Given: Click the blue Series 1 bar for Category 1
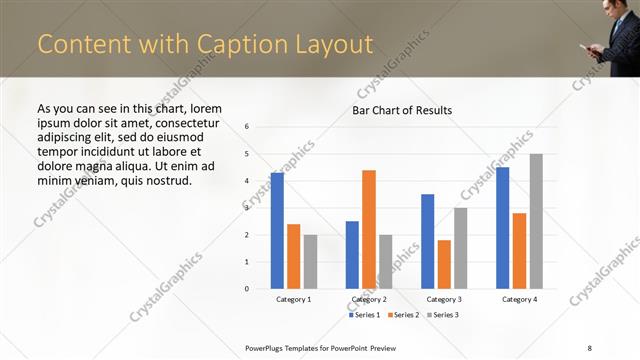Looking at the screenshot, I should [x=277, y=230].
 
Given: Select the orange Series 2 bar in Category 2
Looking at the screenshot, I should [x=369, y=229].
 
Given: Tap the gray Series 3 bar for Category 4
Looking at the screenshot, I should [x=536, y=221].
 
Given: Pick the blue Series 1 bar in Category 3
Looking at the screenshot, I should [x=428, y=241].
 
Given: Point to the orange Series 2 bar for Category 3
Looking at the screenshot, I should [x=444, y=264].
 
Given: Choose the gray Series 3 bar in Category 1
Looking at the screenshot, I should [x=310, y=261].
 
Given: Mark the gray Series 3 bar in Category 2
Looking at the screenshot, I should [x=385, y=261].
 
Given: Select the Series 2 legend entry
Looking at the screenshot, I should [x=404, y=315].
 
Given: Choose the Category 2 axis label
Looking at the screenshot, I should [x=369, y=299].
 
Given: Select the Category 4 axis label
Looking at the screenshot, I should [x=519, y=299].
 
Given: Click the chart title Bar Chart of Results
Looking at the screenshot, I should [x=401, y=110].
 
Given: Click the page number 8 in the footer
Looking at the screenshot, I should [x=589, y=347].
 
